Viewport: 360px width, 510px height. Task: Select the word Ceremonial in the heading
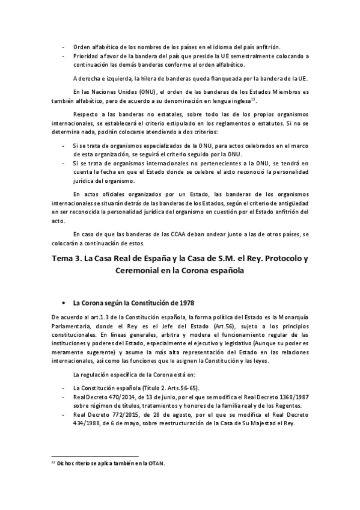coord(138,271)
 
